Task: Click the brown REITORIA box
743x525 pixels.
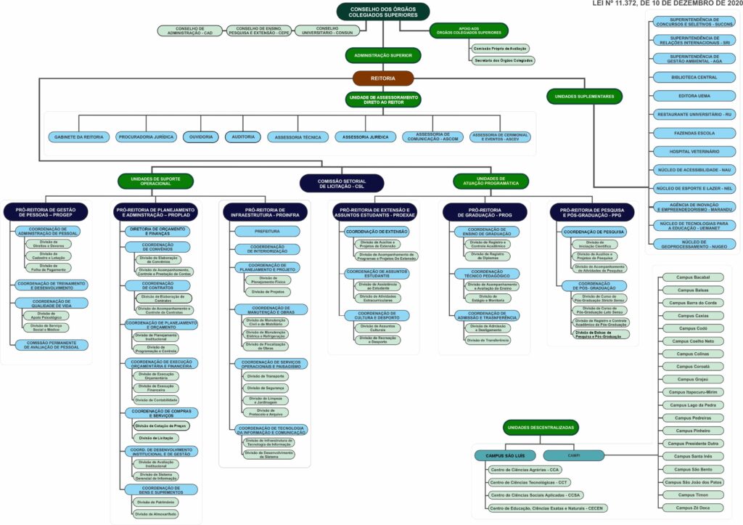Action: [x=383, y=78]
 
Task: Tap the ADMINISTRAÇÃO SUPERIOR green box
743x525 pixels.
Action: [x=383, y=55]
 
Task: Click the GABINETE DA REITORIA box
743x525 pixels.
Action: [x=78, y=137]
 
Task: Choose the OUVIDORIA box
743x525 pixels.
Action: [x=200, y=137]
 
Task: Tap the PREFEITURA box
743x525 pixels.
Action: [x=266, y=232]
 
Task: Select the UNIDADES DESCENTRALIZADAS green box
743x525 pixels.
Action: [x=541, y=428]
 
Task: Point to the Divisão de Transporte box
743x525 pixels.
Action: [x=266, y=376]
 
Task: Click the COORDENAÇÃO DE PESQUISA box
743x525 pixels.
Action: [x=594, y=232]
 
